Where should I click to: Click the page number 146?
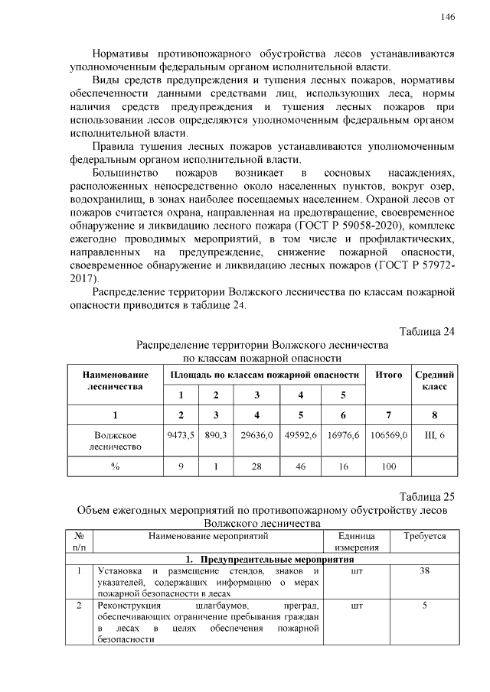448,17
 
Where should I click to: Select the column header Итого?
389,375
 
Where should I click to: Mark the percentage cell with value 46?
300,466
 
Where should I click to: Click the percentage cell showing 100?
389,466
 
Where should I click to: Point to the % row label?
115,466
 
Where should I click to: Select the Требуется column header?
424,537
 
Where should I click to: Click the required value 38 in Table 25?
424,571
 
